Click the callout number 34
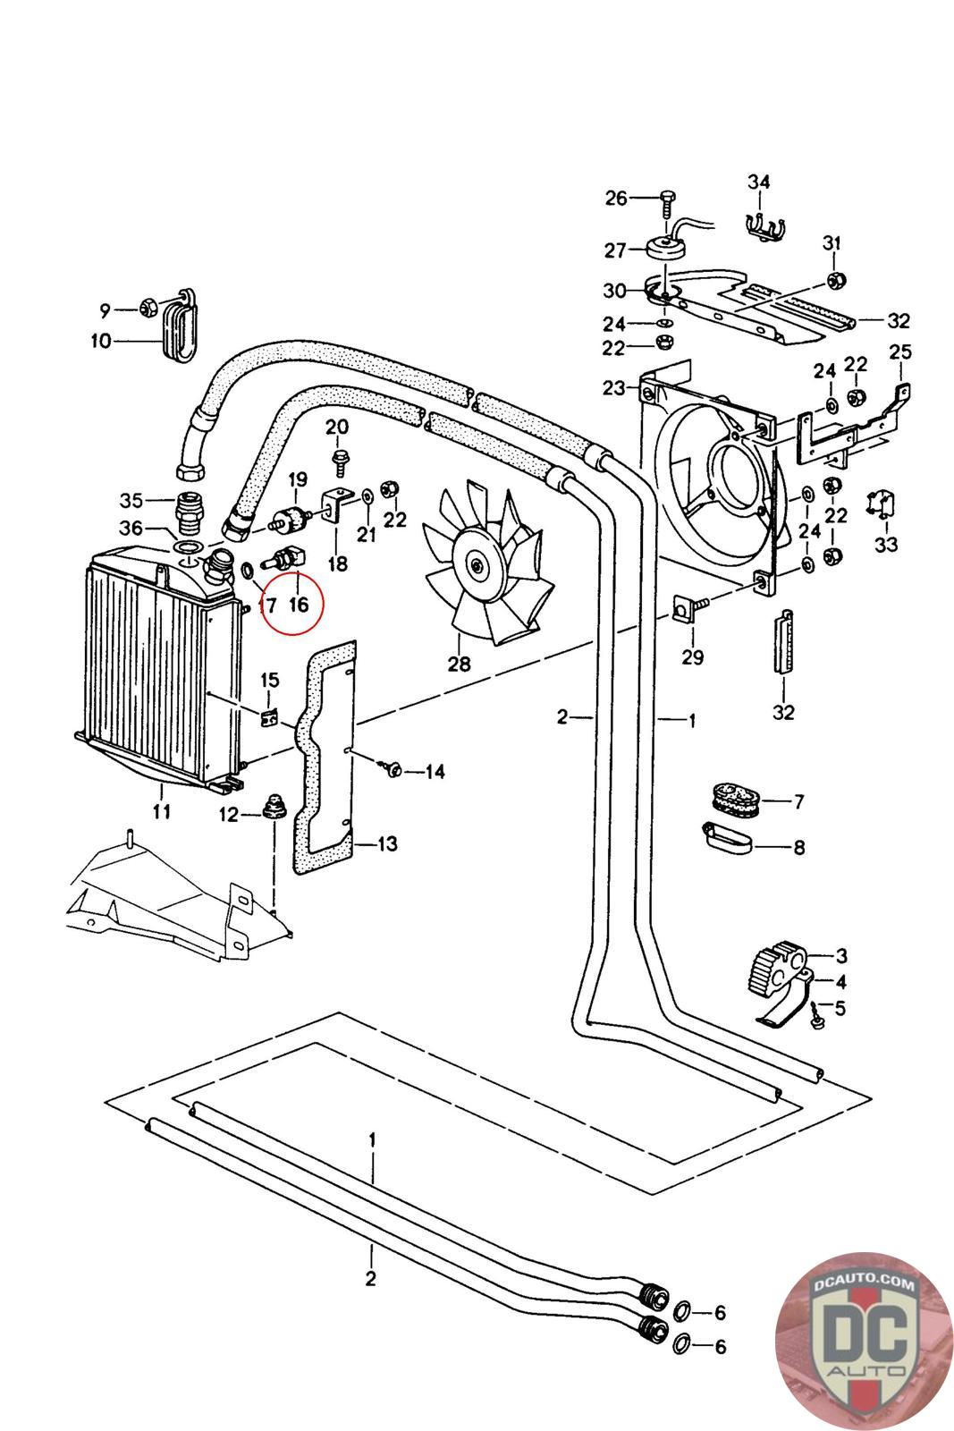[x=758, y=182]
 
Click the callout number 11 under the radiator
[x=162, y=812]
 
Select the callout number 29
[x=692, y=657]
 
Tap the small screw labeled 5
[x=817, y=1017]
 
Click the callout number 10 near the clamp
[x=100, y=341]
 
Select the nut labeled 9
[x=149, y=309]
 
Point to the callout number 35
[x=131, y=499]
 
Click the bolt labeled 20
[x=340, y=461]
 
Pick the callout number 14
[x=435, y=771]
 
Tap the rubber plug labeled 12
[x=270, y=808]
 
